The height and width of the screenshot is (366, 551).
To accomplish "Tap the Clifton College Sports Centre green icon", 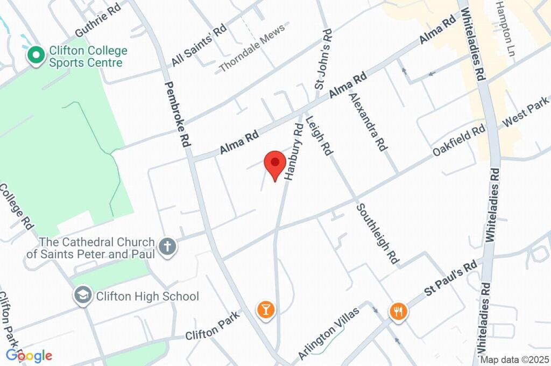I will pyautogui.click(x=36, y=55).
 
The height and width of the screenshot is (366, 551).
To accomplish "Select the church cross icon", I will pyautogui.click(x=167, y=247).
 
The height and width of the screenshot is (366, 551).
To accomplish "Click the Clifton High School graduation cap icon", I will pyautogui.click(x=83, y=295).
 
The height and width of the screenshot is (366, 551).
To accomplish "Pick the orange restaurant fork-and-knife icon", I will pyautogui.click(x=398, y=311).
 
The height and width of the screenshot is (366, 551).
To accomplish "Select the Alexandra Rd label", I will pyautogui.click(x=368, y=122).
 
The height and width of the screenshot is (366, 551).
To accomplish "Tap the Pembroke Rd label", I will pyautogui.click(x=177, y=114).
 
